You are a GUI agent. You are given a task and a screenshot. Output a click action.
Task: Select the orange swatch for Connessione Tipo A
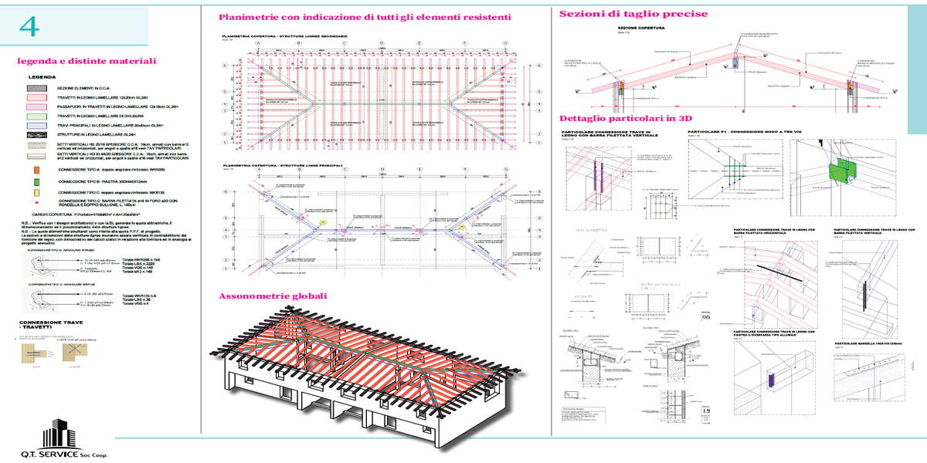tap(36, 168)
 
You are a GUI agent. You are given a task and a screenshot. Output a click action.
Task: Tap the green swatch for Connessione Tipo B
tap(36, 182)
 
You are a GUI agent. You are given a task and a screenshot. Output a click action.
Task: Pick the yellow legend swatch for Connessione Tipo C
tap(36, 192)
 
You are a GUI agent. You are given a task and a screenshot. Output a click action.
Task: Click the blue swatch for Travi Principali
tap(36, 123)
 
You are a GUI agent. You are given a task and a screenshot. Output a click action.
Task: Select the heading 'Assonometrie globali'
tap(273, 296)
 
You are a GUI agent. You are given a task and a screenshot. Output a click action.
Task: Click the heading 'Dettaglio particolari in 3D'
tap(624, 118)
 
